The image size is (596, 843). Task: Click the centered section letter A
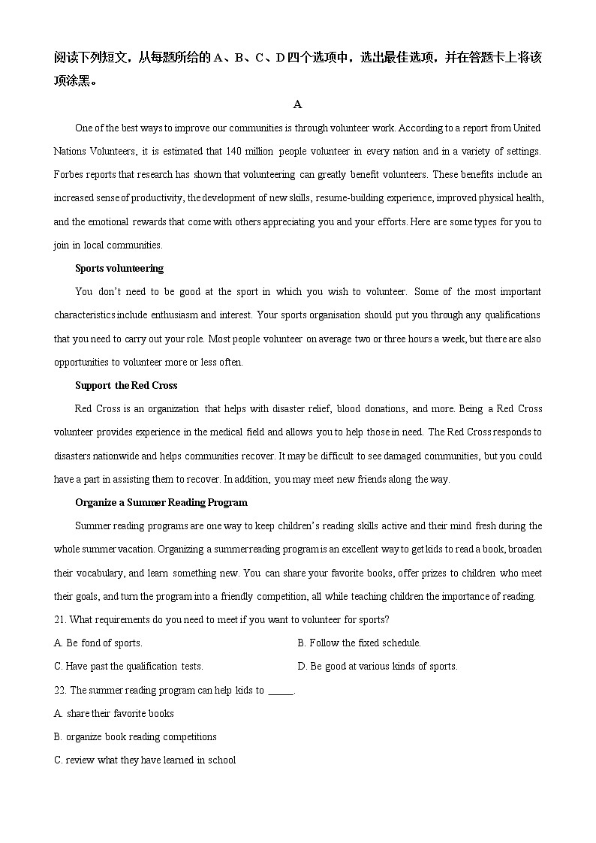297,104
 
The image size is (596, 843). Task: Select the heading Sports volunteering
119,268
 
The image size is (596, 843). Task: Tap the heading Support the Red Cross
126,385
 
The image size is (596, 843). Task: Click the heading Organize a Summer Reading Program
161,502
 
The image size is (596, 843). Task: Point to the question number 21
60,619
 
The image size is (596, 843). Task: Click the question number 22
60,690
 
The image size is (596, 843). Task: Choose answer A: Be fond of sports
98,643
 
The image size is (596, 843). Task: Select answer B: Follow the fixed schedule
359,643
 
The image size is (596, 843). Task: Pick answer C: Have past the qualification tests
128,666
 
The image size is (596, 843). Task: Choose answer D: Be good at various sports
377,666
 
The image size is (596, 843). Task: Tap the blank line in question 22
280,691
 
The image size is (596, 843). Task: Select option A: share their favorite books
114,713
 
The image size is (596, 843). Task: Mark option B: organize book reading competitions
135,736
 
